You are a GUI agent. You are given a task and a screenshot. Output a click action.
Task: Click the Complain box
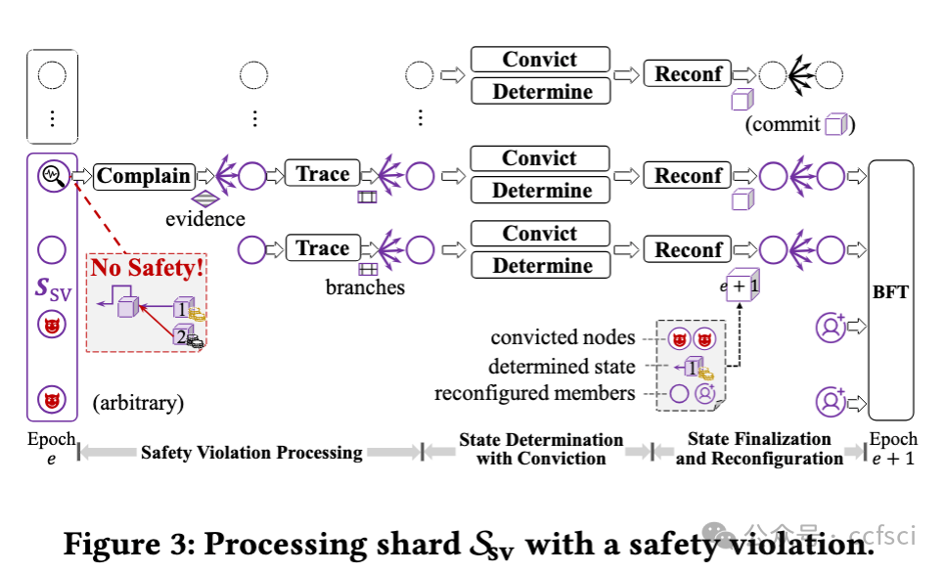(144, 176)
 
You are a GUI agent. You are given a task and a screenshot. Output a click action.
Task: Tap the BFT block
(891, 289)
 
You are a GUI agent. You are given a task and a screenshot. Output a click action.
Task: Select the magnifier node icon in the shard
(53, 176)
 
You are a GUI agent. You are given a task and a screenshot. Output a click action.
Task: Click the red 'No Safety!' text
(147, 268)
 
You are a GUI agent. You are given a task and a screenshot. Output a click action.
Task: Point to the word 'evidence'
(204, 219)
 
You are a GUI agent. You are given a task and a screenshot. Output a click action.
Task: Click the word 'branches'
(365, 287)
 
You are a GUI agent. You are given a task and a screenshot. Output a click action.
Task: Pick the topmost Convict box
(540, 59)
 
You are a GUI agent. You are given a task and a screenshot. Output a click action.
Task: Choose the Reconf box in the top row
(688, 73)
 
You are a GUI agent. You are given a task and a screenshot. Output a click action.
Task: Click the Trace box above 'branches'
(323, 248)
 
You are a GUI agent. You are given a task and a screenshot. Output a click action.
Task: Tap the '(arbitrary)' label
(138, 403)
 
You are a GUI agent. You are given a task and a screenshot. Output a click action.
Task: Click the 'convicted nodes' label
(562, 337)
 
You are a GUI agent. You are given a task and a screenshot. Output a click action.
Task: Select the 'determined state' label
(562, 367)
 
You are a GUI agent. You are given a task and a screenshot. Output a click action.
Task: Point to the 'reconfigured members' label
(534, 393)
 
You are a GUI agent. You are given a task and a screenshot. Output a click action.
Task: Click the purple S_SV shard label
(53, 288)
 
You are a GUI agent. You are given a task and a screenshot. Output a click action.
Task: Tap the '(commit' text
(783, 124)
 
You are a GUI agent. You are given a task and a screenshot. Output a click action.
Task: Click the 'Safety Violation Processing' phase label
(251, 452)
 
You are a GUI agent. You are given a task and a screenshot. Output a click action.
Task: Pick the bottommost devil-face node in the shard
(52, 400)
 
